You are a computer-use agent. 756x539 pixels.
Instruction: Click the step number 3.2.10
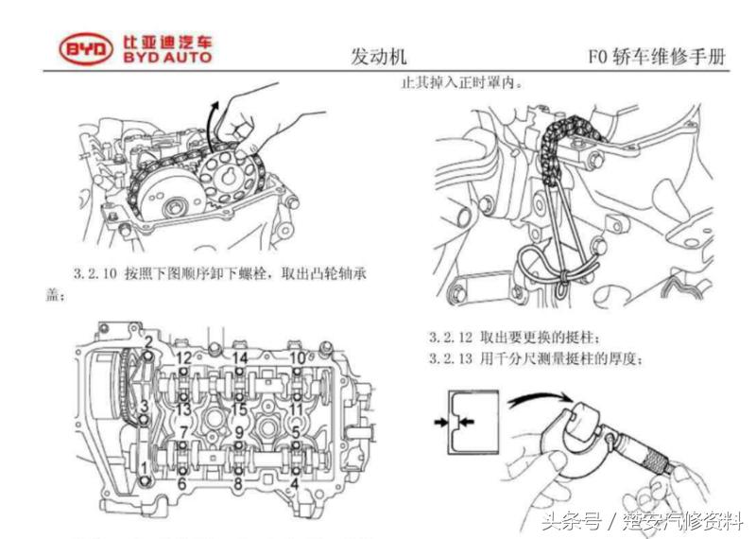pyautogui.click(x=95, y=274)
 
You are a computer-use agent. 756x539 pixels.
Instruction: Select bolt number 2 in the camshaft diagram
pyautogui.click(x=148, y=341)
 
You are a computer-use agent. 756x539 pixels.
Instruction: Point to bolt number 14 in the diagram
pyautogui.click(x=240, y=358)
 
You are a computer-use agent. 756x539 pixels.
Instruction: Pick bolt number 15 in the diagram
pyautogui.click(x=240, y=409)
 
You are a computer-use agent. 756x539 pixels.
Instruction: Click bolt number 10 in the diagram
pyautogui.click(x=297, y=358)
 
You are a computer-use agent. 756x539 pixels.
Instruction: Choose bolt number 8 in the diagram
pyautogui.click(x=238, y=482)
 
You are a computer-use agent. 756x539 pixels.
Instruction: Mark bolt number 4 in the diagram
pyautogui.click(x=297, y=482)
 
